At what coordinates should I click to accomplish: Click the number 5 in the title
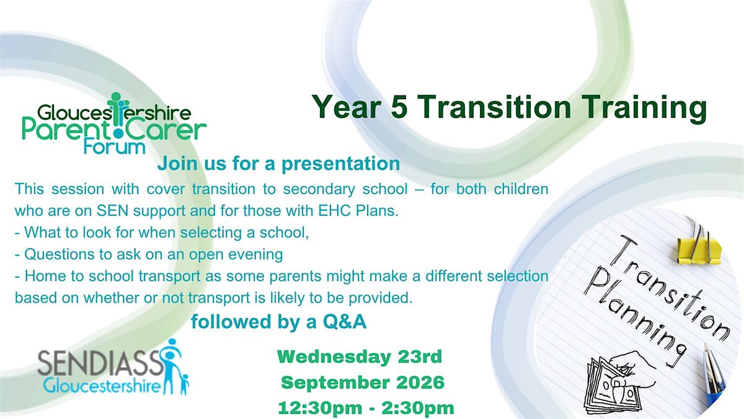click(x=399, y=107)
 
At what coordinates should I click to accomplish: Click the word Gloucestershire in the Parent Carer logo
click(x=114, y=112)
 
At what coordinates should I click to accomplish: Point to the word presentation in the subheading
click(x=341, y=164)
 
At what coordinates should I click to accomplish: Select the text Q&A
click(x=345, y=322)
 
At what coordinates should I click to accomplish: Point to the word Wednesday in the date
click(x=334, y=357)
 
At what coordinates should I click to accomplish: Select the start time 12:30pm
click(x=320, y=408)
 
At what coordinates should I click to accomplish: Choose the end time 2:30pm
click(x=418, y=408)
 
